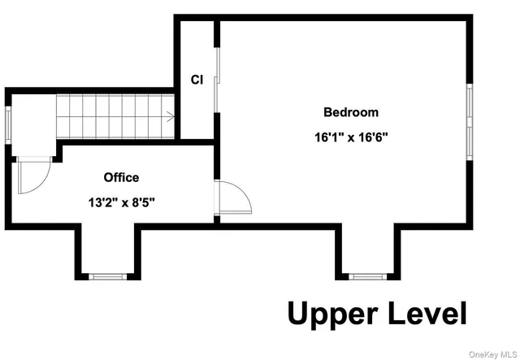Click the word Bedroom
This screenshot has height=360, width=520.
(350, 112)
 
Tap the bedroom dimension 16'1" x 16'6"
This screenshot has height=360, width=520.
(350, 137)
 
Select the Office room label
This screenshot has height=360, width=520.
(121, 177)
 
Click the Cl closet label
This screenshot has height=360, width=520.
(197, 80)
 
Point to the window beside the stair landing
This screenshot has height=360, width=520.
(8, 124)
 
